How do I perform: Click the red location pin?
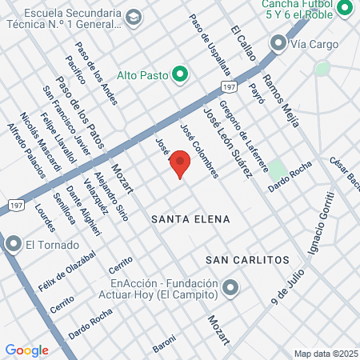(181, 162)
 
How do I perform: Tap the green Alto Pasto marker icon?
(180, 75)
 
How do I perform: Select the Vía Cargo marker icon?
(279, 42)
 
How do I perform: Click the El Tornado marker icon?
(14, 244)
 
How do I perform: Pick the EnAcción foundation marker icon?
(230, 286)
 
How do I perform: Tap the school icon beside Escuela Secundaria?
(133, 16)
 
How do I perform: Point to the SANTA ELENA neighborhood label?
(190, 218)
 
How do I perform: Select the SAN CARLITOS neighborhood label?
(246, 261)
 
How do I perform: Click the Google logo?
(26, 350)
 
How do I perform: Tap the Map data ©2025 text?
(325, 354)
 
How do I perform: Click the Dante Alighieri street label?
(83, 210)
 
